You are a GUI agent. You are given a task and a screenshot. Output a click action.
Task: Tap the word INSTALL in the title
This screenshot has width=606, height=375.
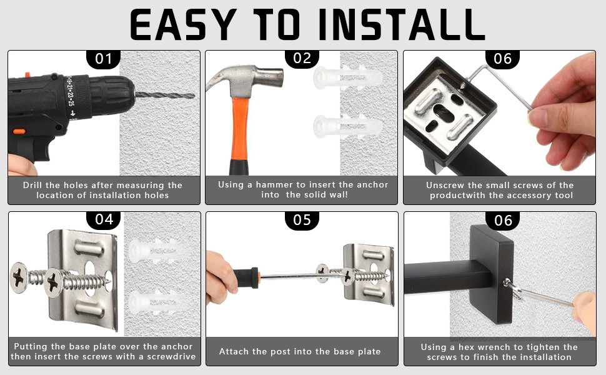point(402,25)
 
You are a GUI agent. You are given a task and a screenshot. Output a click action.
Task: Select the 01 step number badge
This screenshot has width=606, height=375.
point(103,59)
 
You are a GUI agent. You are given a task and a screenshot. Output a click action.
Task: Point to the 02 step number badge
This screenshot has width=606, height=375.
point(302,58)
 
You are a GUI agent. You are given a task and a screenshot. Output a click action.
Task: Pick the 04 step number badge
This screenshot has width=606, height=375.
point(104,219)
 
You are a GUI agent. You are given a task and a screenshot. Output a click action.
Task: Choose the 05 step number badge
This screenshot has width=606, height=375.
point(302,220)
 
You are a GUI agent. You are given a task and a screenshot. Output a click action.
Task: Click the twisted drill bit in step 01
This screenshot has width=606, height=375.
point(165,95)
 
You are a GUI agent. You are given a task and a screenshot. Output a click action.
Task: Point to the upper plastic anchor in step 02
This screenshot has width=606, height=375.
point(347,77)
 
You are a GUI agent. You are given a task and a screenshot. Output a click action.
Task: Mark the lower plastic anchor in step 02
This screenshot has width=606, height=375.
point(347,126)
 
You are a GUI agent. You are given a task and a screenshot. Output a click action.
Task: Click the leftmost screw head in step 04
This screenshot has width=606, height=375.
point(19,277)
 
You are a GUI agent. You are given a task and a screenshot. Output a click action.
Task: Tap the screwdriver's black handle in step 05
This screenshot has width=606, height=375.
point(246,277)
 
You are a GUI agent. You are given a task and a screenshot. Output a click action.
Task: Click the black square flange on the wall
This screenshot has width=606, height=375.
point(492,274)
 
